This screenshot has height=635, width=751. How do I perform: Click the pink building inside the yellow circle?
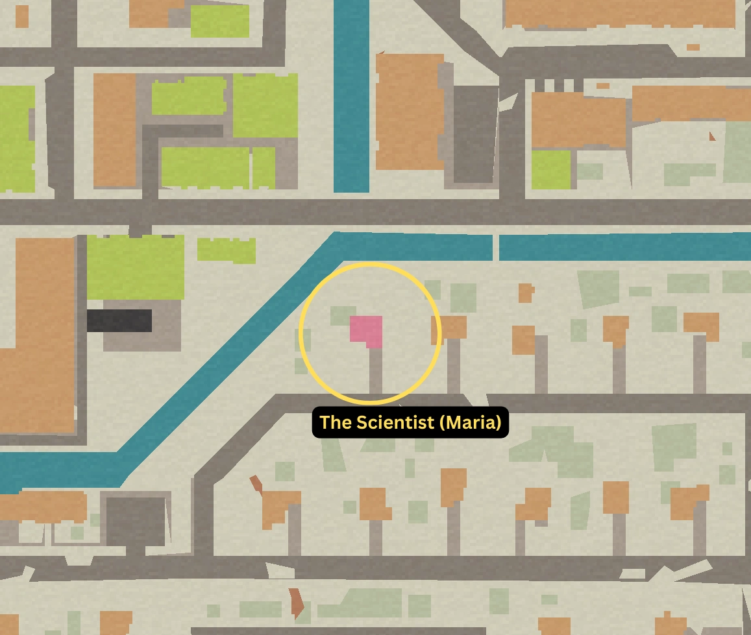[x=365, y=328]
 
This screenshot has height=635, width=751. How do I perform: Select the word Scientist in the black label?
[x=394, y=423]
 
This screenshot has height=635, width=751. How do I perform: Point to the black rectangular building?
[x=119, y=320]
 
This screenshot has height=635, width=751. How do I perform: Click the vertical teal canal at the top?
[x=351, y=97]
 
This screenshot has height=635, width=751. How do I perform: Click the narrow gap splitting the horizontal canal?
[x=495, y=248]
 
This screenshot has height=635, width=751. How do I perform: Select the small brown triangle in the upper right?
[x=713, y=136]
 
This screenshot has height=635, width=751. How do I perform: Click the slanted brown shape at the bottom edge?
[x=297, y=603]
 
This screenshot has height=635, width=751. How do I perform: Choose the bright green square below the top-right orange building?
[x=550, y=169]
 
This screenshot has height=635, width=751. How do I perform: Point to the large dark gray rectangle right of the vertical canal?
[x=474, y=133]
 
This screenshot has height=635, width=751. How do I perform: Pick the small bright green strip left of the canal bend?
[x=226, y=250]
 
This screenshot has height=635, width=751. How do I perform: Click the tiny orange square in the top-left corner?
[x=22, y=17]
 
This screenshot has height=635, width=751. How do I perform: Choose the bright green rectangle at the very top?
[x=219, y=21]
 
